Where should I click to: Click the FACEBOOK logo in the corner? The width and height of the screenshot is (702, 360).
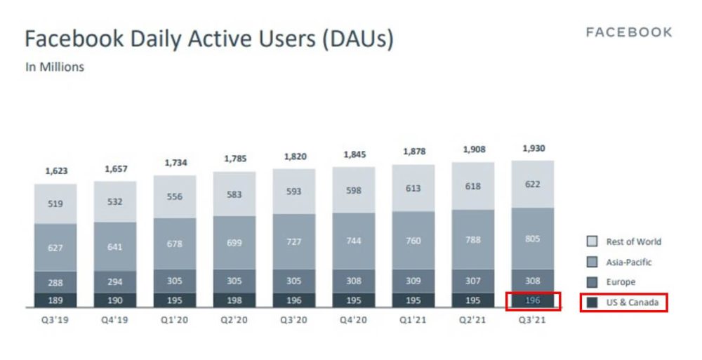click(x=629, y=32)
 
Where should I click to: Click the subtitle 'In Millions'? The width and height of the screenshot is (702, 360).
click(x=55, y=67)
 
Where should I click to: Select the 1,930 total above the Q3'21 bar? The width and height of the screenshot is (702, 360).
click(x=533, y=149)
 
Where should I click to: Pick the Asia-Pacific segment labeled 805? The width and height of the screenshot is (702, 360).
click(x=533, y=239)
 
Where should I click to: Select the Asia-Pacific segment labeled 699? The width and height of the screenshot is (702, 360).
click(x=235, y=243)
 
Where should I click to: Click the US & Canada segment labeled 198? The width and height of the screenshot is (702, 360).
click(x=235, y=300)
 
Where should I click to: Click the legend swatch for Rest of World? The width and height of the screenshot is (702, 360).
click(x=592, y=241)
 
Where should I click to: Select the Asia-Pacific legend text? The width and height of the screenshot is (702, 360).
click(x=629, y=262)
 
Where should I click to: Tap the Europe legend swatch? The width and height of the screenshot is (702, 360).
click(x=592, y=282)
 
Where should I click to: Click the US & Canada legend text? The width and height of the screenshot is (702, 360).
click(x=633, y=302)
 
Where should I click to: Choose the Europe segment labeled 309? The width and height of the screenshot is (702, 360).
click(x=414, y=281)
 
